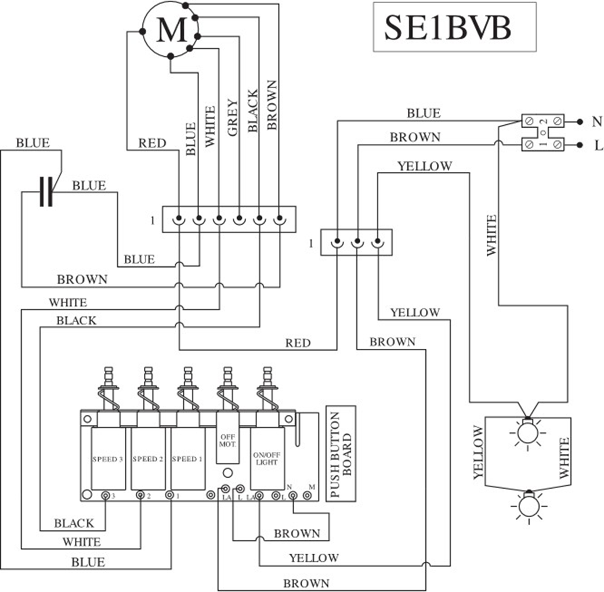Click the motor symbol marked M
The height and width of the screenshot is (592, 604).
click(x=171, y=30)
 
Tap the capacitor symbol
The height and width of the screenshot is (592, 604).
click(x=46, y=191)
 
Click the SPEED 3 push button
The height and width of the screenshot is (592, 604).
click(x=108, y=459)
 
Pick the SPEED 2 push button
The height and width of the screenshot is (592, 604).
click(x=148, y=459)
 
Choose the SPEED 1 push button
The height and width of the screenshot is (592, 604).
click(x=187, y=459)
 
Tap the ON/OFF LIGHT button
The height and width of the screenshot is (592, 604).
click(x=266, y=459)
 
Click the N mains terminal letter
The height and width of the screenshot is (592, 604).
click(x=596, y=122)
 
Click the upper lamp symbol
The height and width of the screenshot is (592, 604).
click(x=527, y=432)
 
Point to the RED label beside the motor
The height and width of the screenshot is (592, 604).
click(x=152, y=143)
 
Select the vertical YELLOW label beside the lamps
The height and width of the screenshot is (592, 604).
click(x=478, y=453)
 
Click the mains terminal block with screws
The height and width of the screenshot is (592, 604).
click(x=542, y=133)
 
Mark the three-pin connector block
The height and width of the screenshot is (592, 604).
click(x=356, y=243)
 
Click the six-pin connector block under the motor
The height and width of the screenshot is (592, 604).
click(x=229, y=219)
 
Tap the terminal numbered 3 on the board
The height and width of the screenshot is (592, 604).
click(x=106, y=496)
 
